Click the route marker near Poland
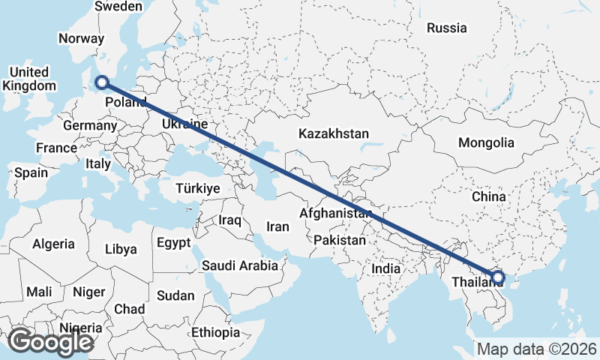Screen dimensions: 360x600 coord(102,83)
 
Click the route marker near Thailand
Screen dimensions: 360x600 coord(497,278)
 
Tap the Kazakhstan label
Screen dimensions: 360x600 coord(334,133)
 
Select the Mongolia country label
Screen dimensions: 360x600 coord(487,142)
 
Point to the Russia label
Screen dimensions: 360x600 coord(447,28)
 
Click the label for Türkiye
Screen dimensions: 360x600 coord(198,188)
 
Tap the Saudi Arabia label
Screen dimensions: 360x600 coord(240,265)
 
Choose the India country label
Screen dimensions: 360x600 coord(386,268)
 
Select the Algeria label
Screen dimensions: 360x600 coord(53,244)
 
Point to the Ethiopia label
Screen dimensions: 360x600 coord(215,332)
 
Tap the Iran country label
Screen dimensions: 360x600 coord(278,226)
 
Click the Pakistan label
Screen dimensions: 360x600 coord(340,241)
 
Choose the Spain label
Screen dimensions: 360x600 coord(31,172)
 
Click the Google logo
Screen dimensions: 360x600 coord(50,342)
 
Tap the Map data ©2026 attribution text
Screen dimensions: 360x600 coord(537,349)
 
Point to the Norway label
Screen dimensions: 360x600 coord(81,39)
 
